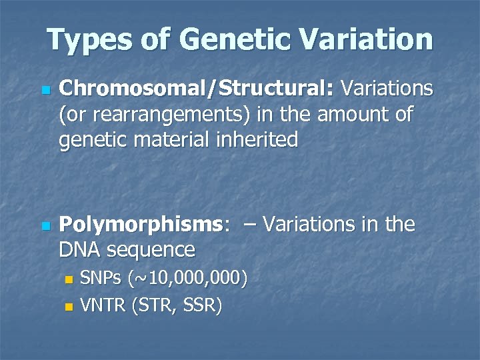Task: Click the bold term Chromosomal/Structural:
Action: click(x=197, y=89)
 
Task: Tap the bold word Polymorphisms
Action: click(x=140, y=225)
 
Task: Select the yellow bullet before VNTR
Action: click(x=67, y=307)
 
